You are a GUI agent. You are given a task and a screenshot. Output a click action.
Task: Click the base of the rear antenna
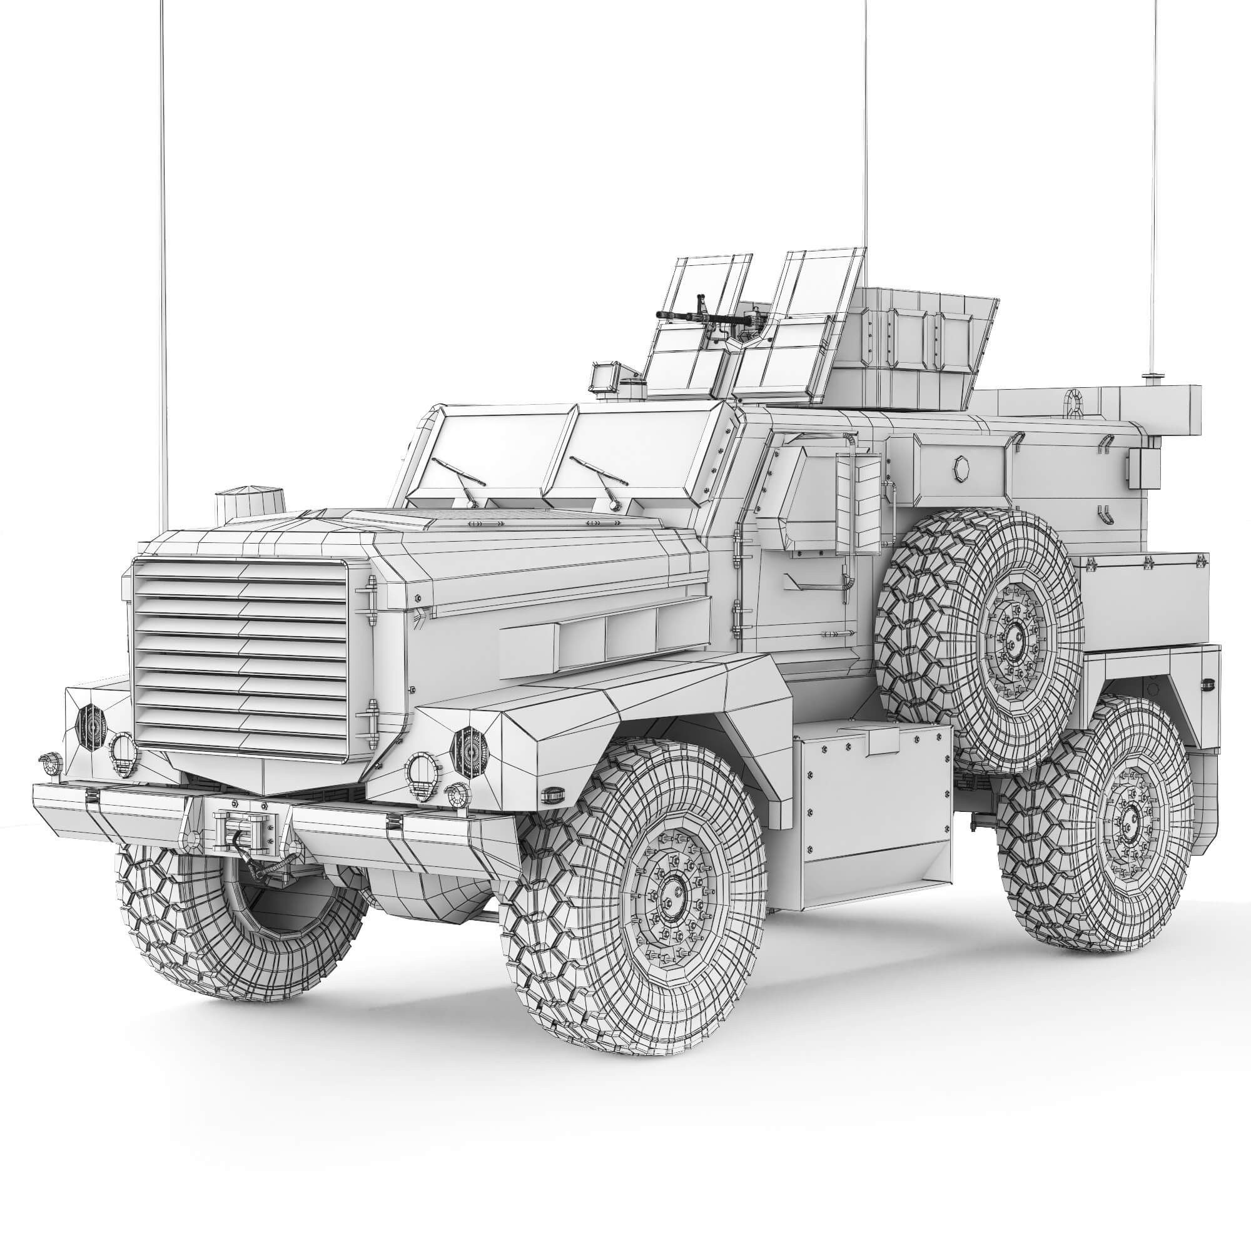(x=1151, y=376)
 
